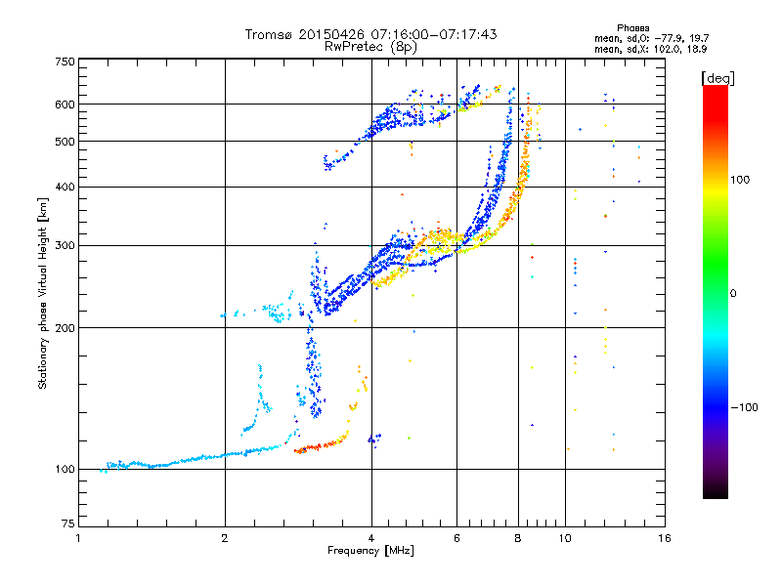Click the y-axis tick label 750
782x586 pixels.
[x=65, y=61]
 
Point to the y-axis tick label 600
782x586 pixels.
[x=65, y=104]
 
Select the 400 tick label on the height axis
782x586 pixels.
[x=65, y=187]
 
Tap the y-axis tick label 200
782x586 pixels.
[x=65, y=327]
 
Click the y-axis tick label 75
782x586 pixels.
[x=67, y=523]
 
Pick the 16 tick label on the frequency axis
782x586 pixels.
[x=663, y=539]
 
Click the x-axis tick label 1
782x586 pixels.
[x=78, y=539]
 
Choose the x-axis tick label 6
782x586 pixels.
[x=456, y=539]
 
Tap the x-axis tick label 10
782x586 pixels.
[x=564, y=539]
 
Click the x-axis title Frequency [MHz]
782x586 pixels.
[x=370, y=551]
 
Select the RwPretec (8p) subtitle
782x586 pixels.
[x=370, y=46]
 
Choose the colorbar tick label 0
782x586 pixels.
[x=735, y=293]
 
